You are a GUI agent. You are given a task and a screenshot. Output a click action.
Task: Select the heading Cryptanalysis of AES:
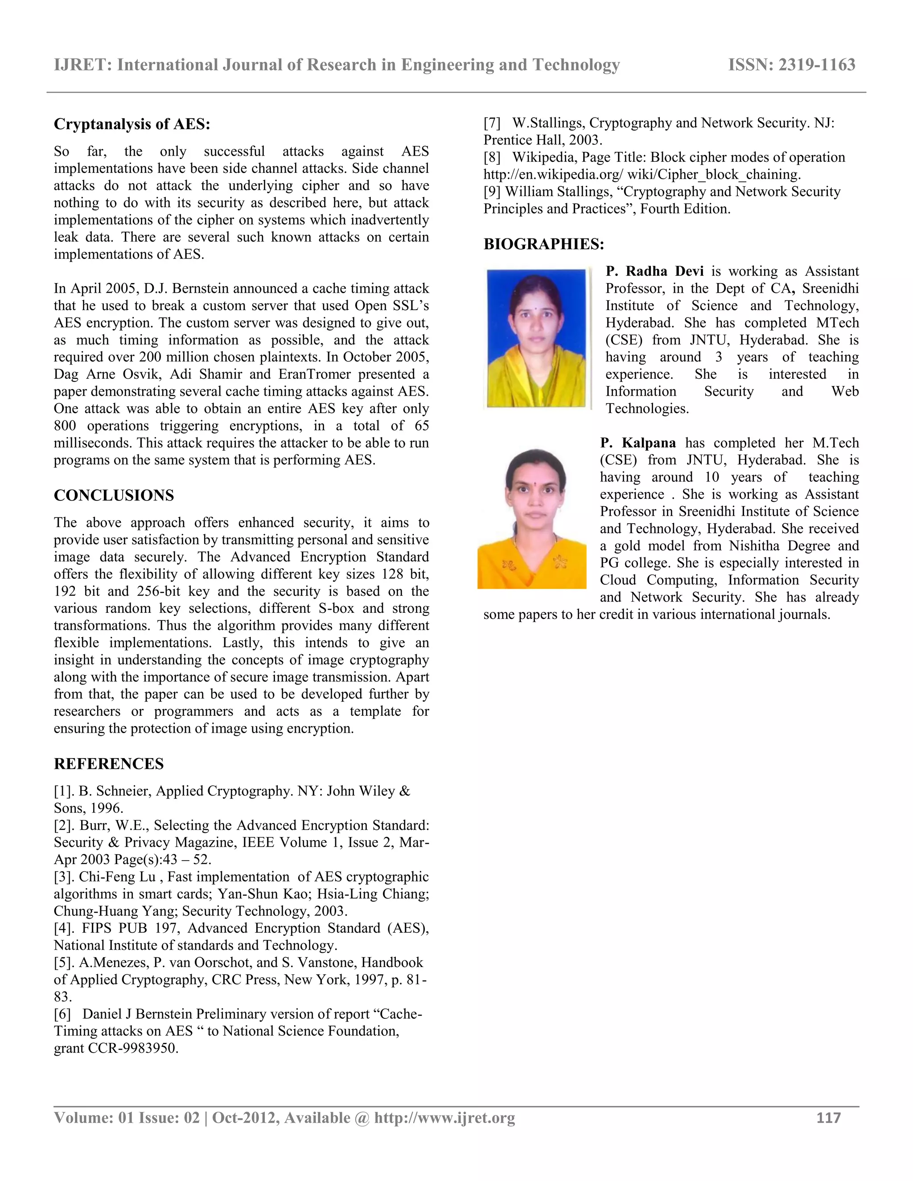pyautogui.click(x=132, y=124)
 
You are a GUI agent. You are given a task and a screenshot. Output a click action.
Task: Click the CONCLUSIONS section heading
pyautogui.click(x=114, y=495)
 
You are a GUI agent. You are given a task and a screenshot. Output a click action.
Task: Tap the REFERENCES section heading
pyautogui.click(x=109, y=763)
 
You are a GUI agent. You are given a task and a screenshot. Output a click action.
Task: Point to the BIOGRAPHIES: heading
pyautogui.click(x=543, y=244)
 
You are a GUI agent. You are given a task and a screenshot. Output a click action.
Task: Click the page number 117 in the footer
pyautogui.click(x=828, y=1118)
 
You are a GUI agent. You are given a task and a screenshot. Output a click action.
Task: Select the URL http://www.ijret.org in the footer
pyautogui.click(x=444, y=1118)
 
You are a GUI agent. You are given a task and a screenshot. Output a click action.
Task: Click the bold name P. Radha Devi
pyautogui.click(x=654, y=271)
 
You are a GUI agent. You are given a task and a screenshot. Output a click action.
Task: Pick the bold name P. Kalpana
pyautogui.click(x=637, y=443)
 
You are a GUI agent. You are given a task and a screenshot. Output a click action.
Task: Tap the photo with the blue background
pyautogui.click(x=536, y=338)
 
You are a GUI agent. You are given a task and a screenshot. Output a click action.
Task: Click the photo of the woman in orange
pyautogui.click(x=532, y=519)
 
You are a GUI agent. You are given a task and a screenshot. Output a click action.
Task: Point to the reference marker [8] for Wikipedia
pyautogui.click(x=492, y=157)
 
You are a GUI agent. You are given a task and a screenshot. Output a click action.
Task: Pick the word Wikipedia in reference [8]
pyautogui.click(x=543, y=157)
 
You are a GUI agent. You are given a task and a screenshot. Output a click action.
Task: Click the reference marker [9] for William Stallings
pyautogui.click(x=492, y=192)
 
